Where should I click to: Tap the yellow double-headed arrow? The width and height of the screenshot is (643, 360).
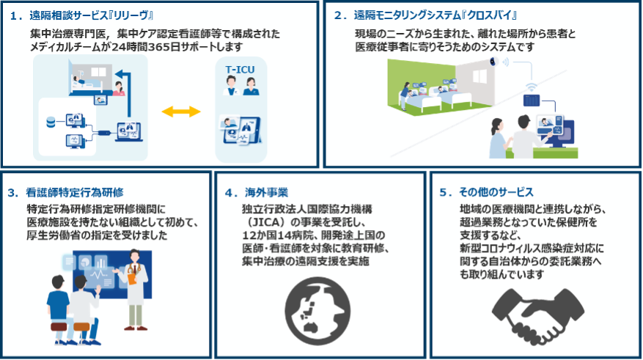click(180, 111)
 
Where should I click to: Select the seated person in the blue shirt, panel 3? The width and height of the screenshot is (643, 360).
click(58, 304)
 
